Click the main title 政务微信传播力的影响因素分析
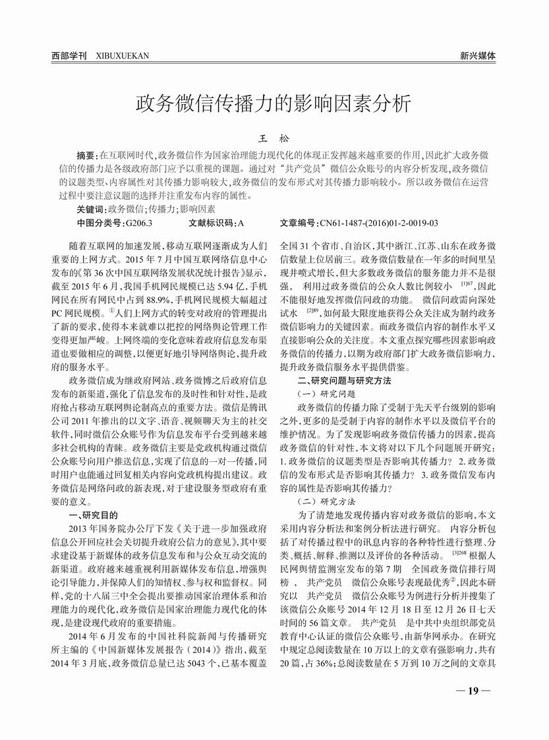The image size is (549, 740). pyautogui.click(x=274, y=104)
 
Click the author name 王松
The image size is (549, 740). pyautogui.click(x=274, y=139)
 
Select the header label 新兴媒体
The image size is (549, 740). pyautogui.click(x=478, y=56)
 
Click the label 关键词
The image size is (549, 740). pyautogui.click(x=92, y=208)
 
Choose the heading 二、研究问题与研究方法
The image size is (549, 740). pyautogui.click(x=345, y=381)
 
